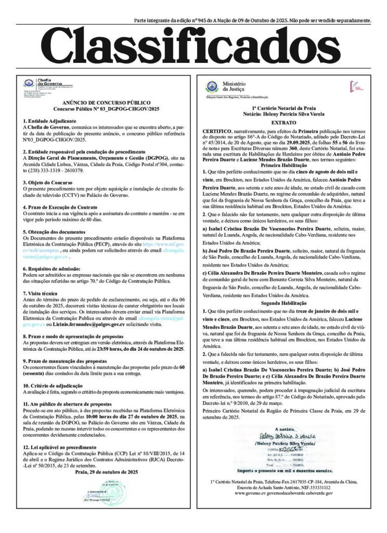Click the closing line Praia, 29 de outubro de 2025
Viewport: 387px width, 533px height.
pyautogui.click(x=106, y=472)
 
